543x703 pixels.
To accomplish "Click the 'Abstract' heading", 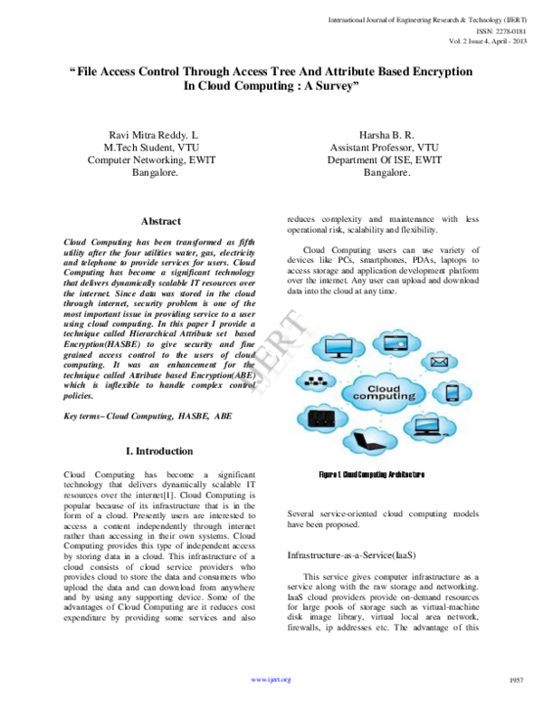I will point(161,221).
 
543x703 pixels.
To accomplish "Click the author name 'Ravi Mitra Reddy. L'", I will point(153,134).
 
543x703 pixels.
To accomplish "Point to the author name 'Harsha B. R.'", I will point(374,134).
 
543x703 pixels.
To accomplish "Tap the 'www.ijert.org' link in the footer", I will point(271,679).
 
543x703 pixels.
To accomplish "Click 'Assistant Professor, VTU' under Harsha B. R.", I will point(374,147).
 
